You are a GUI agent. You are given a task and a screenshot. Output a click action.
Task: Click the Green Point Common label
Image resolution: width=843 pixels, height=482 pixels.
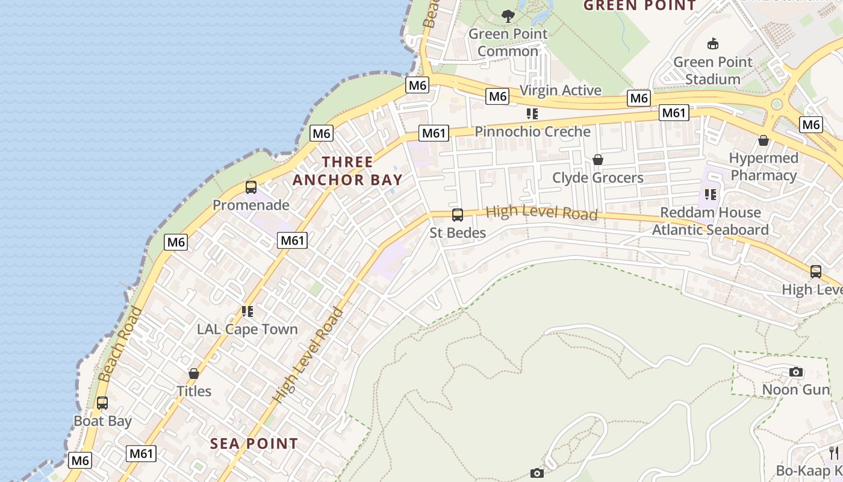click(508, 42)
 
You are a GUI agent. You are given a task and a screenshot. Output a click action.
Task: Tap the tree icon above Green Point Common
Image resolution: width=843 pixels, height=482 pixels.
click(508, 16)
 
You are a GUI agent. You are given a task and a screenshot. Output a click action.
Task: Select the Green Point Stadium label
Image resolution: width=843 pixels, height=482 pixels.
click(713, 70)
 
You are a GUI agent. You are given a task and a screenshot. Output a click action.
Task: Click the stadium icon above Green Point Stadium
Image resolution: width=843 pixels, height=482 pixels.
click(713, 43)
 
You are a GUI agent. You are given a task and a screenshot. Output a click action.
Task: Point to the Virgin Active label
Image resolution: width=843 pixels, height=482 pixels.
click(560, 90)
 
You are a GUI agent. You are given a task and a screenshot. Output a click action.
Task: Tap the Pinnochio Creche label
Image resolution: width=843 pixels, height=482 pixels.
click(533, 131)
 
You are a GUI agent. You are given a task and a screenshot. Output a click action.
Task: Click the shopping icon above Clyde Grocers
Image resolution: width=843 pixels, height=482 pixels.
click(598, 160)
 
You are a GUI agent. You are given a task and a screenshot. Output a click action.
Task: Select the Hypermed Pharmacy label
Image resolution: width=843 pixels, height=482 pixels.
click(764, 167)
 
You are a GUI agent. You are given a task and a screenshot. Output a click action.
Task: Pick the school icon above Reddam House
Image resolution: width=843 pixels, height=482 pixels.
click(711, 195)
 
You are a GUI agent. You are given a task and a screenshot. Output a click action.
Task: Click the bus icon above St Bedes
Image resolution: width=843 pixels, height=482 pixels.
click(458, 214)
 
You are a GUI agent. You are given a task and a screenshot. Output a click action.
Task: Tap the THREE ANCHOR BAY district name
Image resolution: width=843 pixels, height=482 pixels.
click(347, 171)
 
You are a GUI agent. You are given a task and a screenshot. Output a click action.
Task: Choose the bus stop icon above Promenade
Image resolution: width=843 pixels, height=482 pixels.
click(251, 187)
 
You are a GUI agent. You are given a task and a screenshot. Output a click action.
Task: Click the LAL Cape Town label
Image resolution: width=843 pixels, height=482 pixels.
click(247, 329)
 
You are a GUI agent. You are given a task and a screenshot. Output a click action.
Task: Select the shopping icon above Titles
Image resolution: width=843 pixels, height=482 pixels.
click(194, 374)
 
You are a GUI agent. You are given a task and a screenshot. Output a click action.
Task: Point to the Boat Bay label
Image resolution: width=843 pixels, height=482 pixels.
click(102, 421)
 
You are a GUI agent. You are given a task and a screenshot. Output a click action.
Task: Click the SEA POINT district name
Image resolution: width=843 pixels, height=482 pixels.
click(254, 444)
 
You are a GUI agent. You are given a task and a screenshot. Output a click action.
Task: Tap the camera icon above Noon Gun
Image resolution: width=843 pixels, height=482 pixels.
click(796, 372)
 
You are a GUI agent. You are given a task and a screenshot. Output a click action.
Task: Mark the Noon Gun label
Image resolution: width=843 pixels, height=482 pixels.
click(796, 389)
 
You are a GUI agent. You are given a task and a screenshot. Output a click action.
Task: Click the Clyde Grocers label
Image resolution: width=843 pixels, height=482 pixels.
click(598, 178)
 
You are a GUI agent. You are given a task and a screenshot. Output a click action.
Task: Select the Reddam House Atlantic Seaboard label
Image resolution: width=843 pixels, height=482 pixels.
click(711, 221)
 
